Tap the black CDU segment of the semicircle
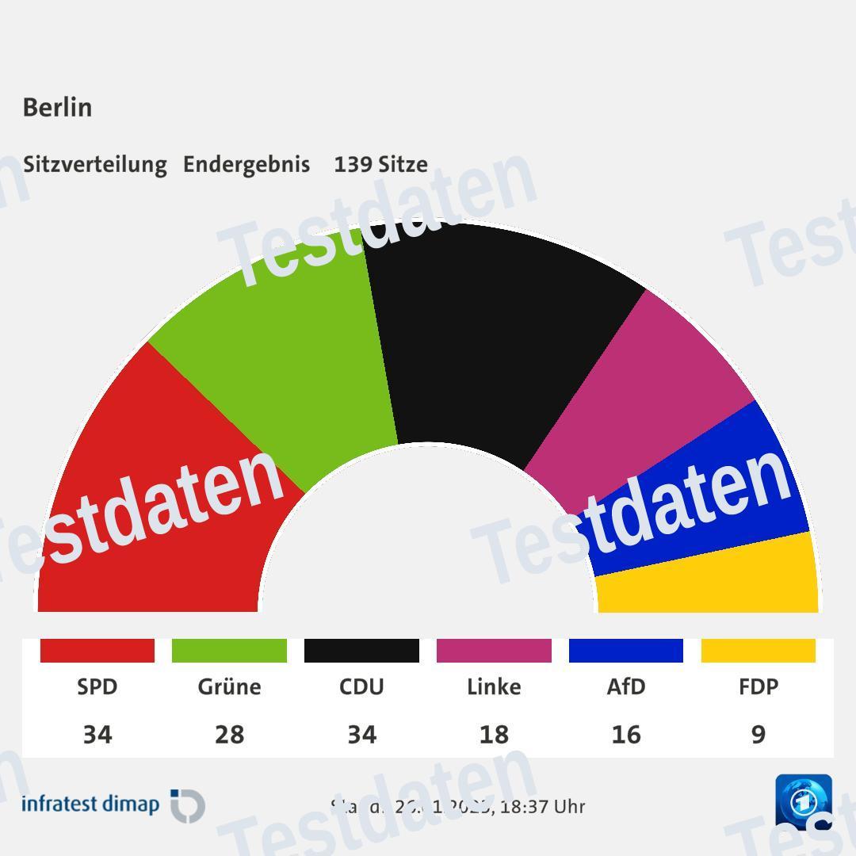pos(491,333)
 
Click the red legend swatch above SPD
pos(97,651)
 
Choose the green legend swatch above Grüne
pos(229,651)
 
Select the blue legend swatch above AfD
pos(626,651)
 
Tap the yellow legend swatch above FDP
pos(759,651)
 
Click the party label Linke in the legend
pos(494,686)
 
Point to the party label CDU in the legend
pos(361,686)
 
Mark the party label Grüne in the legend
pos(229,686)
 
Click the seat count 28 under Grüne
pos(229,735)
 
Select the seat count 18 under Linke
pos(494,735)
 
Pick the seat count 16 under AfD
pos(626,735)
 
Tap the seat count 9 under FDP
pos(759,735)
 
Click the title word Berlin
pos(57,107)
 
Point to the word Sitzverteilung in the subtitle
pos(95,164)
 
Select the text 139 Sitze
pos(380,164)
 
